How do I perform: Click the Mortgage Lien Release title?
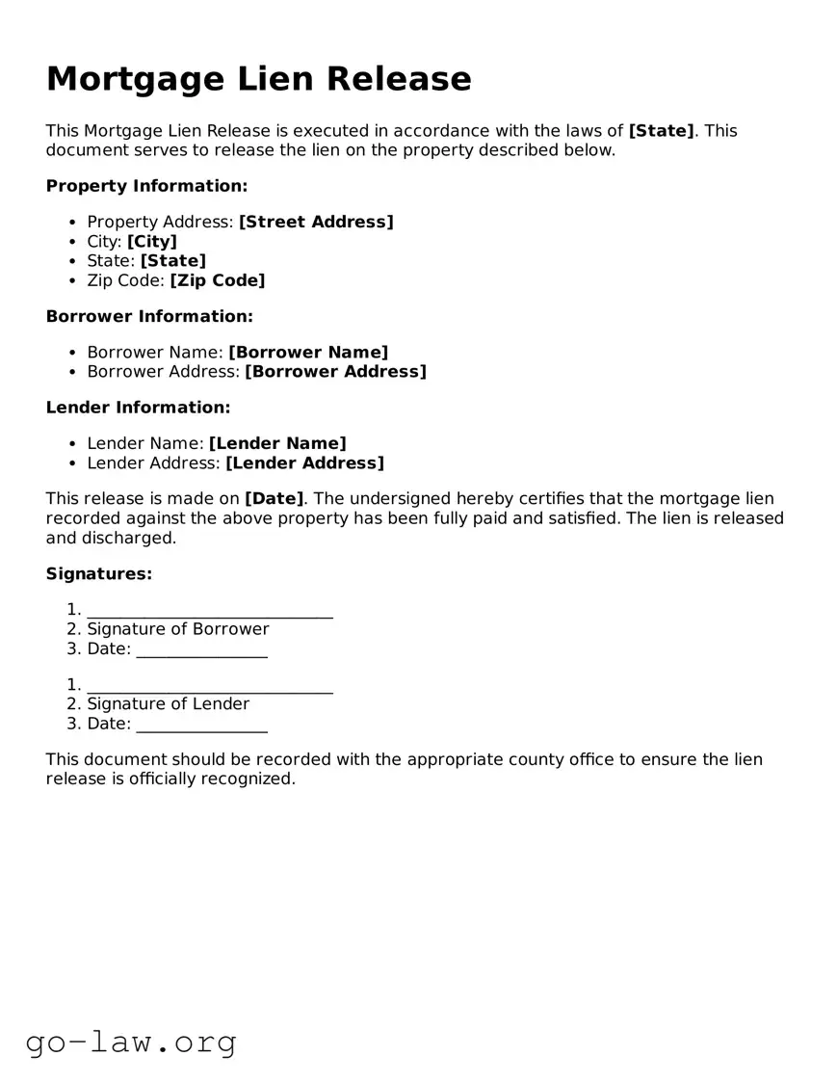tap(258, 79)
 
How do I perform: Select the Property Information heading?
tap(146, 186)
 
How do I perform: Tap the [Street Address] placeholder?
tap(316, 223)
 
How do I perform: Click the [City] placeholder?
tap(152, 242)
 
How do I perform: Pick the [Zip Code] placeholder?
tap(217, 280)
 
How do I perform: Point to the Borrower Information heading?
tap(149, 316)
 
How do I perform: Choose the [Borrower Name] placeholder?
tap(308, 353)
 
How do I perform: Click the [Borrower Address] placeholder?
tap(335, 372)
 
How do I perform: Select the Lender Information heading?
tap(138, 408)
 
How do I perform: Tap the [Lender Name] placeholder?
tap(277, 444)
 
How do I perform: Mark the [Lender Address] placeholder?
tap(304, 463)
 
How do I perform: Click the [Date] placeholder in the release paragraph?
tap(275, 499)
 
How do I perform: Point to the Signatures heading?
tap(99, 574)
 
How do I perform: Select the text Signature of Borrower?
tap(178, 629)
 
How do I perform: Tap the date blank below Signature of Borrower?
tap(201, 653)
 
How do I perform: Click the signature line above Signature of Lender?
tap(210, 690)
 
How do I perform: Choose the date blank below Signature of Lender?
tap(201, 728)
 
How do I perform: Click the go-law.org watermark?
tap(131, 1042)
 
